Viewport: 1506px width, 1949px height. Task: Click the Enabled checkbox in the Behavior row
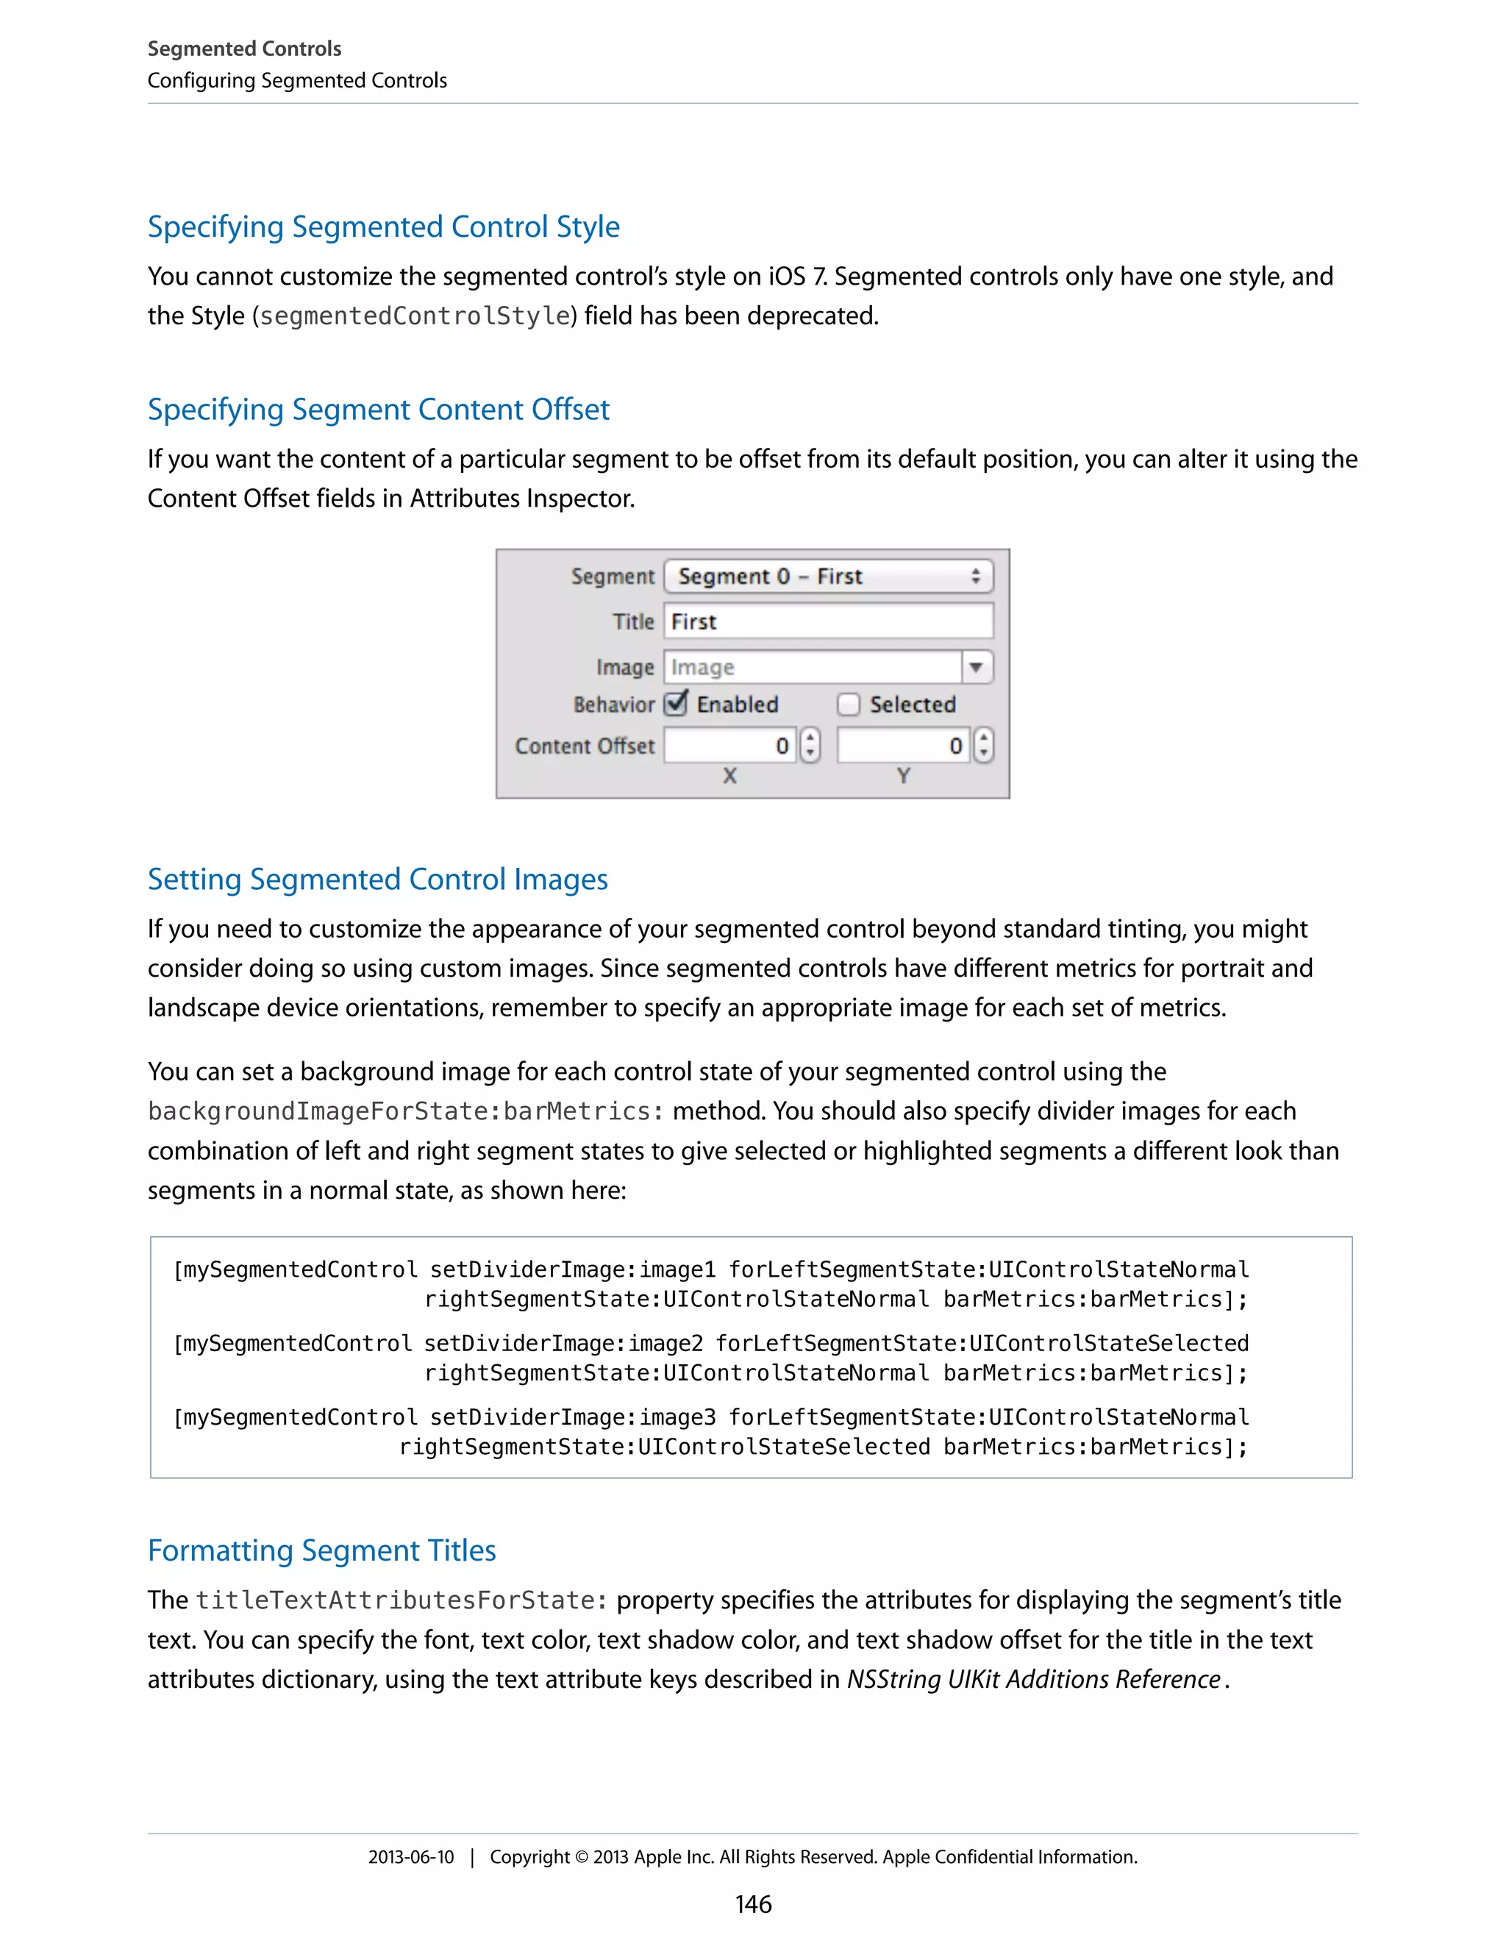677,704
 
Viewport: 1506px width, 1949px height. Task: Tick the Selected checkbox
849,705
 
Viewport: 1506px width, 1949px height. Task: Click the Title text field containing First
828,621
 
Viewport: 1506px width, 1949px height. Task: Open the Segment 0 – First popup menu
828,577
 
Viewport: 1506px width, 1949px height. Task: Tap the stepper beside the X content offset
810,745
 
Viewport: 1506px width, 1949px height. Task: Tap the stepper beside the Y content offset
983,745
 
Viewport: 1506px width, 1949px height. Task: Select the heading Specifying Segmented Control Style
384,227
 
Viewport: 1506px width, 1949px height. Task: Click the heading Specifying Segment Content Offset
378,410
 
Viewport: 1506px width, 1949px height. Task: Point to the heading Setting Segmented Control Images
377,880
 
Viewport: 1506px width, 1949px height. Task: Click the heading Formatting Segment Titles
321,1551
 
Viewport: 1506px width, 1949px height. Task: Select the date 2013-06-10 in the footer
410,1858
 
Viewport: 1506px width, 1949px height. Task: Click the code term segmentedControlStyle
415,317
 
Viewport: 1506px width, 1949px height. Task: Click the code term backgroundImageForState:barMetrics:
406,1112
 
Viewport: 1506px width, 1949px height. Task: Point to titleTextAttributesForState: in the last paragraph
402,1601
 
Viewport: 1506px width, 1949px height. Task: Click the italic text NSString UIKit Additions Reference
1033,1680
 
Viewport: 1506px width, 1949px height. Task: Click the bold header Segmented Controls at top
244,49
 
